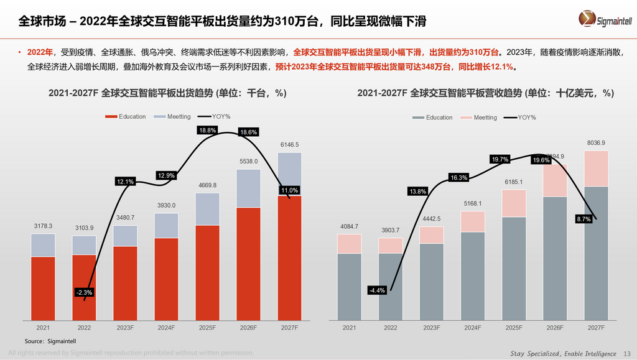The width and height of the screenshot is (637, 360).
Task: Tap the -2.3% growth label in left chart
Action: click(x=83, y=292)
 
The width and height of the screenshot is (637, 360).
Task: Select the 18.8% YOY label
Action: click(x=207, y=130)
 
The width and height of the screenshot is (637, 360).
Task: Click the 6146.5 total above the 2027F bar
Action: click(x=289, y=144)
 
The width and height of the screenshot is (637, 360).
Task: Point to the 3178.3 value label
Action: click(x=43, y=226)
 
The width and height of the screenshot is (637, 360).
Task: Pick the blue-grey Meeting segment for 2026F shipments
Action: click(x=248, y=188)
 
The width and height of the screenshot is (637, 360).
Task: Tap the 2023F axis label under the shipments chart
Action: click(x=125, y=327)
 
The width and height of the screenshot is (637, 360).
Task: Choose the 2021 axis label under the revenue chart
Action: click(x=349, y=327)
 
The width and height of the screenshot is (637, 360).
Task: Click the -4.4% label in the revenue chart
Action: click(x=377, y=290)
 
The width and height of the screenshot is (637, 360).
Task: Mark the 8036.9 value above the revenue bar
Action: click(x=595, y=143)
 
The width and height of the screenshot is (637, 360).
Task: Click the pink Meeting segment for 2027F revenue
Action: click(x=595, y=168)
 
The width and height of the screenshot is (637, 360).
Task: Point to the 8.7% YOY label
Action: click(x=584, y=219)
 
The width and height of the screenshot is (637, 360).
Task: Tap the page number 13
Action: click(x=626, y=353)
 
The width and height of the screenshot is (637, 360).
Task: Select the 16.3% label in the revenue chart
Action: click(x=458, y=178)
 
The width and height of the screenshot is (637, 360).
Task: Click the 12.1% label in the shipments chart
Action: click(x=125, y=182)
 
